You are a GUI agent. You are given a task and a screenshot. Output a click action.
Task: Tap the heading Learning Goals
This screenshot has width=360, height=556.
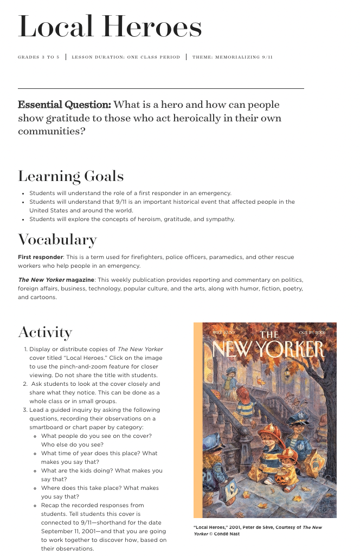point(70,176)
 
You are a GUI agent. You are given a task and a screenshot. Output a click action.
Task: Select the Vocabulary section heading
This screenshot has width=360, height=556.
point(57,240)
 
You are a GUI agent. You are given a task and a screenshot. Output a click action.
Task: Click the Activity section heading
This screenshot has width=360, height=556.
point(45,332)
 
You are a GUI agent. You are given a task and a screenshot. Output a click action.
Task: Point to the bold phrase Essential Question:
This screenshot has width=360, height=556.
point(65,105)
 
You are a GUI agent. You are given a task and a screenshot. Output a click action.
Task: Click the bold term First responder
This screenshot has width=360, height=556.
point(41,257)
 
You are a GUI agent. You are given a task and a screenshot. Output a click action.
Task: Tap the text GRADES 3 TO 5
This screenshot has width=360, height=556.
point(39,57)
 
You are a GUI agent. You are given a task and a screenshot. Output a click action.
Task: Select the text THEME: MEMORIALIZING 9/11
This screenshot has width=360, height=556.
point(233,57)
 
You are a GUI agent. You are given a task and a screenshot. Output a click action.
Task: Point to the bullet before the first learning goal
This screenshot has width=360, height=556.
point(23,193)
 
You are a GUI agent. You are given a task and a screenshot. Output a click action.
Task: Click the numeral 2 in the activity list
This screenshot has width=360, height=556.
point(25,384)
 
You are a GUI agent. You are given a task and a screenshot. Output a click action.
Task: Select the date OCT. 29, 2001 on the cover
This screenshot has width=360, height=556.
point(311,332)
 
